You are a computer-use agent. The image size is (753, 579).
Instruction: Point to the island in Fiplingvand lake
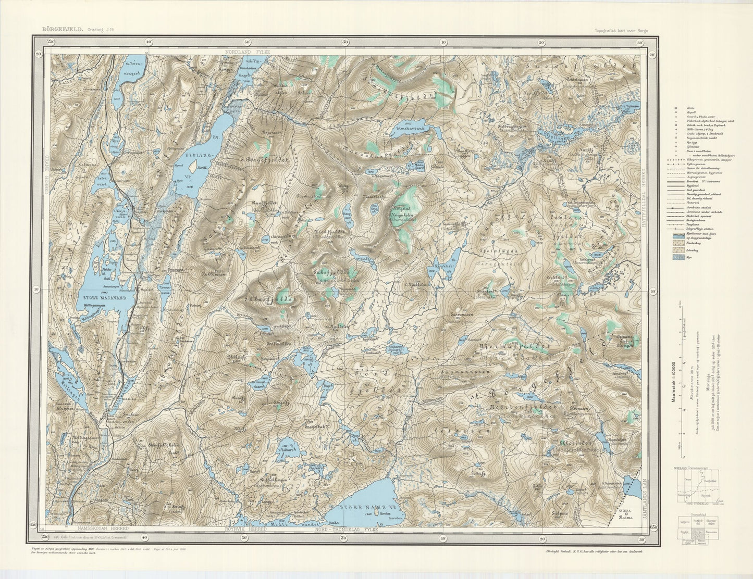coord(193,167)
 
